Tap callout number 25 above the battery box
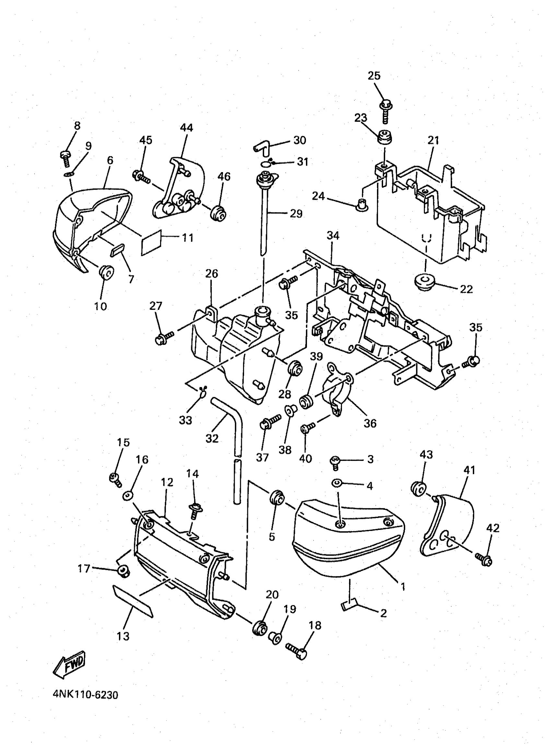374,76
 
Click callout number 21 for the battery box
433,140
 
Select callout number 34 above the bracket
333,236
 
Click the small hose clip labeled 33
203,391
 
